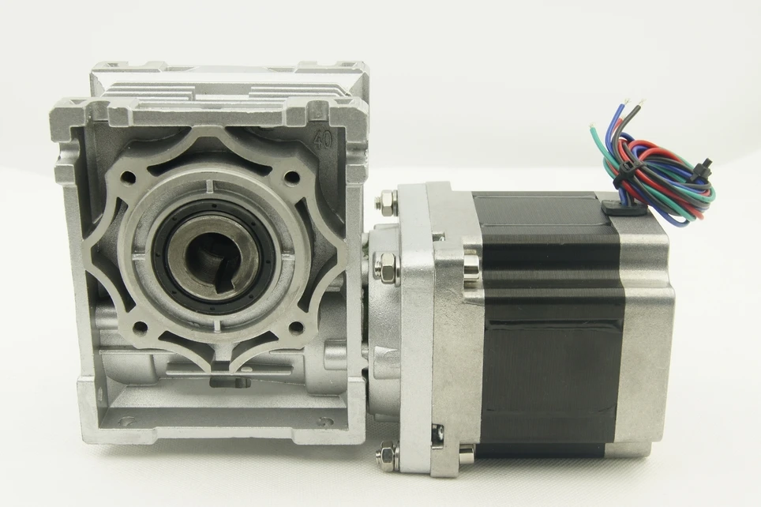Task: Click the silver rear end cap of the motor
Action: tap(647, 332)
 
